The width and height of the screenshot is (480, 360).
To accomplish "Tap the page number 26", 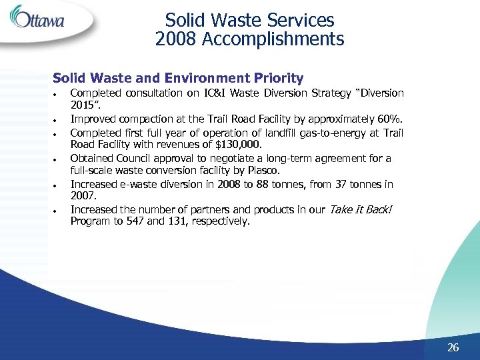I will point(453,347).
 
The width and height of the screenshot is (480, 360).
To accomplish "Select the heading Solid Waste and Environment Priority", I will point(178,78).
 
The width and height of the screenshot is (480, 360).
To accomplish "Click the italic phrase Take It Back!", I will point(361,209).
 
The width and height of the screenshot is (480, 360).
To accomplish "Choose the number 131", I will point(175,221).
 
